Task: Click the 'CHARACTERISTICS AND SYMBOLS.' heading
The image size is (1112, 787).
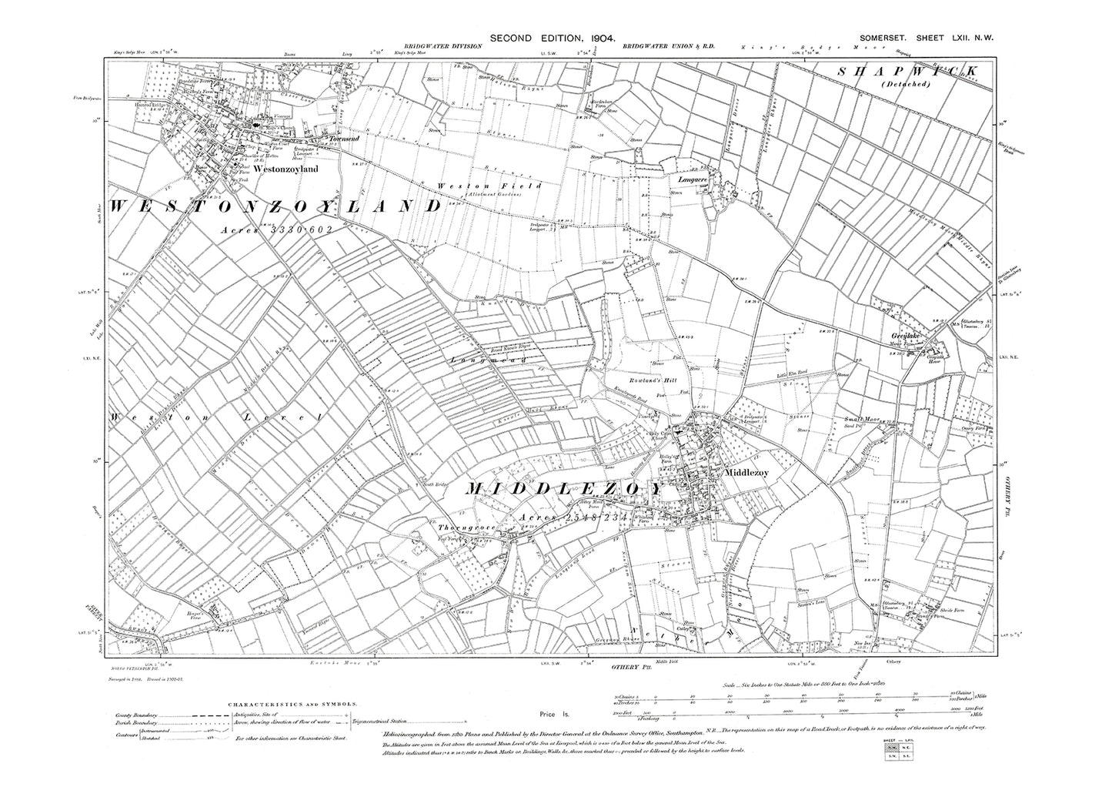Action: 292,704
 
